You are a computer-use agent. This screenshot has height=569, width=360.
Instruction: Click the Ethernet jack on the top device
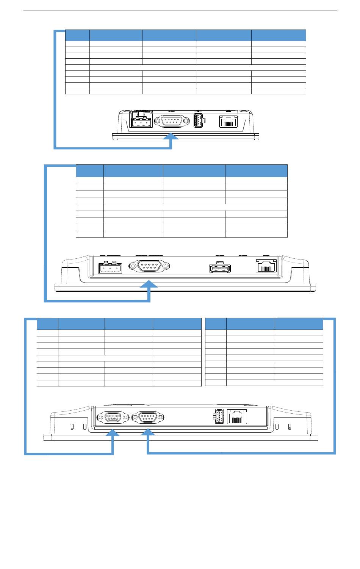(x=228, y=121)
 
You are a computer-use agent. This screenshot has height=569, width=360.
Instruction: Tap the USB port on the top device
(x=197, y=121)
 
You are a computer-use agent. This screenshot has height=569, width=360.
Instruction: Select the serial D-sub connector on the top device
(x=173, y=122)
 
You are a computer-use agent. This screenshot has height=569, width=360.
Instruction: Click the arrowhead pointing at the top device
(x=172, y=136)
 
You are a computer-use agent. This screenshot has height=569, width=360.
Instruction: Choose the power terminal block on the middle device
(x=110, y=268)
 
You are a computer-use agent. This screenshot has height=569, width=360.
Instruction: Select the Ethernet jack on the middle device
(x=266, y=267)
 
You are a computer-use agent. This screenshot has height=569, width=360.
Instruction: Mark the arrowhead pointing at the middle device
(x=149, y=284)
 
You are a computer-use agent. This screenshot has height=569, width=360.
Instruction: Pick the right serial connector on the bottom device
(x=148, y=417)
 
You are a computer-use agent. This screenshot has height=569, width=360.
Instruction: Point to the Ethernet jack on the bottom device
(x=237, y=416)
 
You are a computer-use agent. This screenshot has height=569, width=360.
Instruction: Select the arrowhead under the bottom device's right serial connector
(x=148, y=433)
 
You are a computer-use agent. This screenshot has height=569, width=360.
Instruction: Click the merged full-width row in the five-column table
(x=197, y=67)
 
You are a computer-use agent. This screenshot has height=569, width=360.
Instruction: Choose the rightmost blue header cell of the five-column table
(x=279, y=35)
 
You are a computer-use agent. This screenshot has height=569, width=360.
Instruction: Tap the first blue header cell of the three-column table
(x=216, y=324)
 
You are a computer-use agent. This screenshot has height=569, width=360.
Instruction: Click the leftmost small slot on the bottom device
(x=72, y=427)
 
